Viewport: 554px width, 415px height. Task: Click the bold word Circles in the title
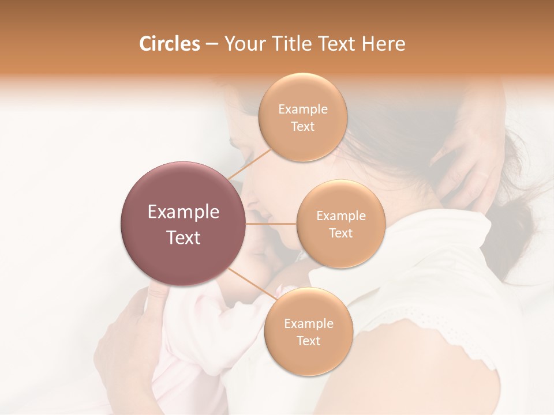click(x=169, y=44)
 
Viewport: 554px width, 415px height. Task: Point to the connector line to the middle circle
click(x=271, y=223)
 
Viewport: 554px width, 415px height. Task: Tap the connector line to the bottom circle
click(x=251, y=284)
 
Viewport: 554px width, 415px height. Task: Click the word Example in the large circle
click(x=184, y=212)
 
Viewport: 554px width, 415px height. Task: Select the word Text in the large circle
click(x=184, y=237)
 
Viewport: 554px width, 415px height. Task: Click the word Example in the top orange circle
click(x=302, y=110)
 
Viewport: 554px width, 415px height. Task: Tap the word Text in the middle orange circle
click(x=340, y=233)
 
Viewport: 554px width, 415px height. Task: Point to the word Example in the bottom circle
click(x=309, y=324)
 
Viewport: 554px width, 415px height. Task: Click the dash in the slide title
click(x=211, y=44)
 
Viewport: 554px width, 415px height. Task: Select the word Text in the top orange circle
click(x=302, y=127)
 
